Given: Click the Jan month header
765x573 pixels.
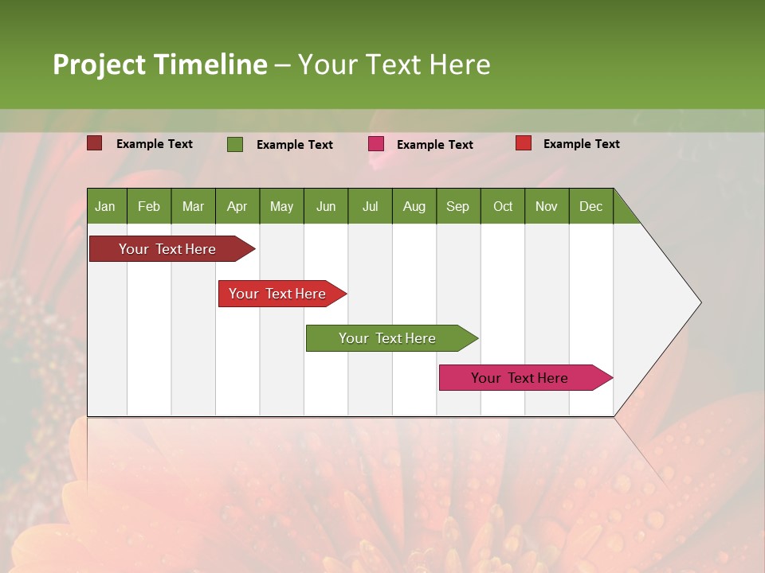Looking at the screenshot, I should coord(106,206).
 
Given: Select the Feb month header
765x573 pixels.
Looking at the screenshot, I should coord(149,206).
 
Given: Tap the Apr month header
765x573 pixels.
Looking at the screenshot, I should coord(237,206).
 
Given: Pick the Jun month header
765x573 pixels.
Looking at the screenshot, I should coord(326,206).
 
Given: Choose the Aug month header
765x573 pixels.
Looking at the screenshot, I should coord(414,206).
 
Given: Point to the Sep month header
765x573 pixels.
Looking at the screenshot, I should coord(458,206).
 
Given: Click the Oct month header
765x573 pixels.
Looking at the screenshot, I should coord(503,206).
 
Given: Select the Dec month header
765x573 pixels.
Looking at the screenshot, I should coord(591,206).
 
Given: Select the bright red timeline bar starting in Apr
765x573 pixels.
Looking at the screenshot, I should coord(278,294).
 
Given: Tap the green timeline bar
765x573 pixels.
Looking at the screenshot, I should coord(387,338).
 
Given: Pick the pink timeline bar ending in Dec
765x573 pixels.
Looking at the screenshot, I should coord(520,378).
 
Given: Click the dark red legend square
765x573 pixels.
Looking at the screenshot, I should coord(95,143).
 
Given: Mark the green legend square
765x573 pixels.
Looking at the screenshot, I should coord(235,144).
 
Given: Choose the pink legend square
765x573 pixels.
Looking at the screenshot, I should coord(376,144).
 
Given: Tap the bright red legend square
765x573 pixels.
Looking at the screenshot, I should coord(524,143).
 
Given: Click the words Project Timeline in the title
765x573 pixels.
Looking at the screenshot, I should coord(160,64).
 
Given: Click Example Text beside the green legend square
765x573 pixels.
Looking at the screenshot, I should coord(295,145).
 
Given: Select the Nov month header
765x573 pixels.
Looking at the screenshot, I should coord(547,206).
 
